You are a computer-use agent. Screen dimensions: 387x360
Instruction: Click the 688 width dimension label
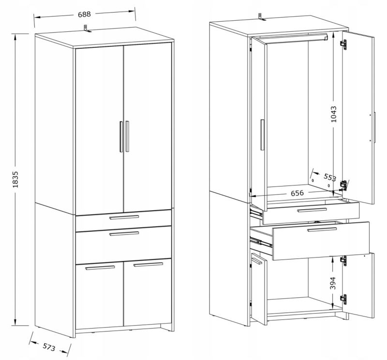[84, 14]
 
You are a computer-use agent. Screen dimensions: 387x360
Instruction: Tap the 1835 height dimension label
[15, 179]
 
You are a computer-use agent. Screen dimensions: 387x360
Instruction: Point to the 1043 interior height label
[333, 114]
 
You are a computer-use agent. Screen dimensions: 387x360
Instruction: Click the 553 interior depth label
[330, 177]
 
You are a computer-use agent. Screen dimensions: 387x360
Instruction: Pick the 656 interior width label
[297, 193]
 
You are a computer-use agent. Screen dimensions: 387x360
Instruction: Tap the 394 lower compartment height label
[333, 283]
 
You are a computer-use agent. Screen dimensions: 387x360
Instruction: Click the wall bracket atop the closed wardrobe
[87, 29]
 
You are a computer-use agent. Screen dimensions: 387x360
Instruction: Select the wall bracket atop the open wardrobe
[261, 17]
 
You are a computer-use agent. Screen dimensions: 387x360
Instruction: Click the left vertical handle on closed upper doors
[121, 136]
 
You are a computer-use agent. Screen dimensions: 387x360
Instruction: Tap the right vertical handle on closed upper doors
[127, 136]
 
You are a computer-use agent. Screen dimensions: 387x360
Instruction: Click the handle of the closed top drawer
[124, 217]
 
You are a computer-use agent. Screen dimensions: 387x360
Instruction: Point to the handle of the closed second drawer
[124, 233]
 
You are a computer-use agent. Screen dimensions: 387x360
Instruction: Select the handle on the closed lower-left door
[100, 268]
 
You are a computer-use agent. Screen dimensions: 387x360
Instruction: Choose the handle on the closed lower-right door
[148, 265]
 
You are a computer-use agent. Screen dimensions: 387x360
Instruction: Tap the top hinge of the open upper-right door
[343, 44]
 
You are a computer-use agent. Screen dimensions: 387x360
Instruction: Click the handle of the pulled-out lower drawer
[322, 230]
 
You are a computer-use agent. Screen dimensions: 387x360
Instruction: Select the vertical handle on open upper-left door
[262, 135]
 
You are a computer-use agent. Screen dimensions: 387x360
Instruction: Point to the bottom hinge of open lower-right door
[343, 299]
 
